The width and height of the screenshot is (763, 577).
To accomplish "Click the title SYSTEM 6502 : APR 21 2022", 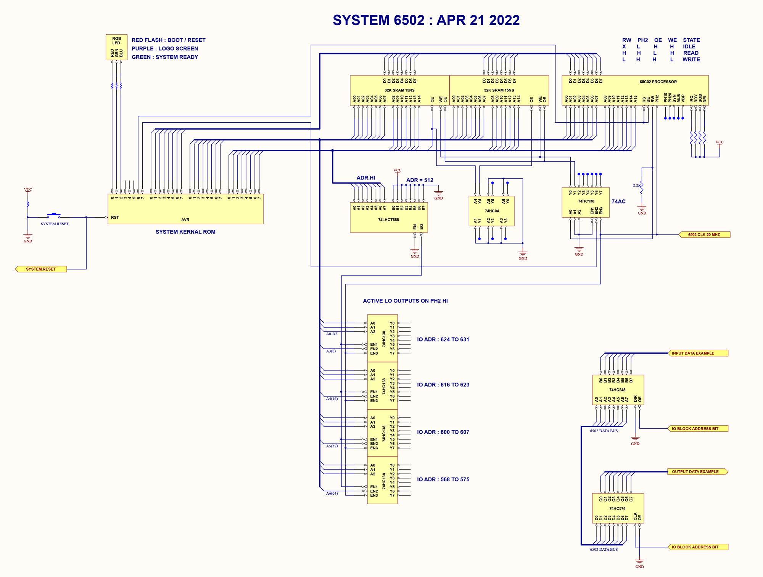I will click(426, 20).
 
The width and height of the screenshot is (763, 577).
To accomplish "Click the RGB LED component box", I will click(116, 47).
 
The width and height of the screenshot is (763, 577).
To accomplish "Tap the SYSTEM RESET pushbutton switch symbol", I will click(54, 215).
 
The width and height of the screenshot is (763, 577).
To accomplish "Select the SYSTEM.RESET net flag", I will click(41, 269).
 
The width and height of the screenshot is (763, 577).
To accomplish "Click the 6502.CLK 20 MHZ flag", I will click(704, 235).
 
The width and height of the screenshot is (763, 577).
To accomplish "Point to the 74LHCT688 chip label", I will click(388, 220).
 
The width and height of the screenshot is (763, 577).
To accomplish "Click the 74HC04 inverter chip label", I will click(492, 211).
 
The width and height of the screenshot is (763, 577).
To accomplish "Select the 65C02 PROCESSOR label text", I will click(658, 82).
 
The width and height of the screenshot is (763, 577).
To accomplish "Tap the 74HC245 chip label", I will click(617, 390).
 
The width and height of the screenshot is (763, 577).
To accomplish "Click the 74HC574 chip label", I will click(617, 508).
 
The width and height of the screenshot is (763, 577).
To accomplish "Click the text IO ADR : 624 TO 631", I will click(443, 340).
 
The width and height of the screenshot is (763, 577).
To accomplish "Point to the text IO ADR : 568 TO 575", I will click(443, 479).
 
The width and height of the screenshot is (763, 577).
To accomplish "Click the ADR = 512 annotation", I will click(420, 180).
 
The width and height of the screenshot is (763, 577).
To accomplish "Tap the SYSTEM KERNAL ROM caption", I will click(185, 232).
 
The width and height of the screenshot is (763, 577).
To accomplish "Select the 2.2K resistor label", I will click(637, 186).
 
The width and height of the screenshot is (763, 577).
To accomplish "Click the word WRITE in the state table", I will click(691, 59).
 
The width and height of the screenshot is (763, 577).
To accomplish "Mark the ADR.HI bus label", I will click(365, 178).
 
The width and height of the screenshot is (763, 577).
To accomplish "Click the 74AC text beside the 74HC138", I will click(618, 202).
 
